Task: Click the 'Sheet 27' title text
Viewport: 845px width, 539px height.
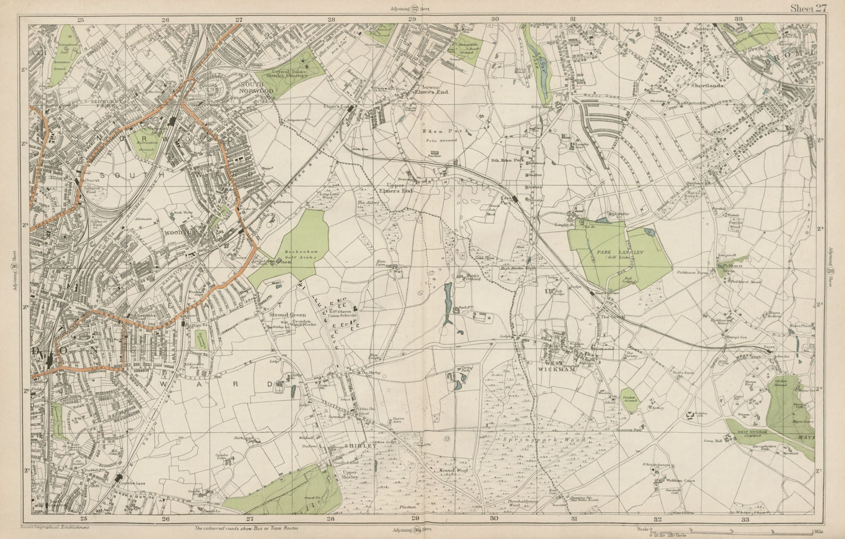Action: [811, 7]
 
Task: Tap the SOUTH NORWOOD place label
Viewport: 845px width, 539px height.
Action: [257, 88]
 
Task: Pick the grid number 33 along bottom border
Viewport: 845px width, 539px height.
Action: [745, 519]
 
